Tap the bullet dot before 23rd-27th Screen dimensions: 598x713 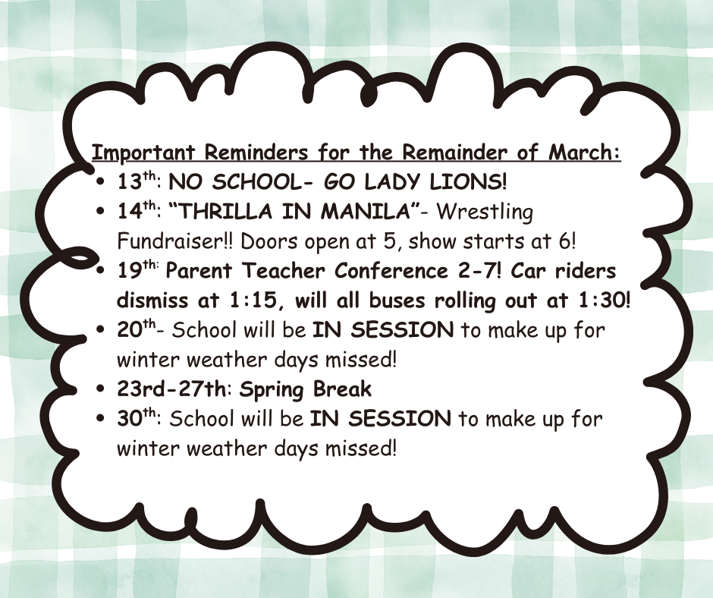(102, 391)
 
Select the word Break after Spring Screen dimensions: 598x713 (341, 389)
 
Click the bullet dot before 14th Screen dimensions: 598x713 (102, 213)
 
